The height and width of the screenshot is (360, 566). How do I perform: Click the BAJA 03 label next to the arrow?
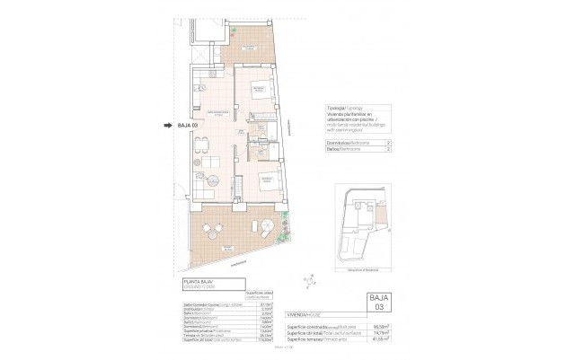(187, 126)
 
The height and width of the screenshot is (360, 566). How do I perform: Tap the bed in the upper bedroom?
(261, 92)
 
